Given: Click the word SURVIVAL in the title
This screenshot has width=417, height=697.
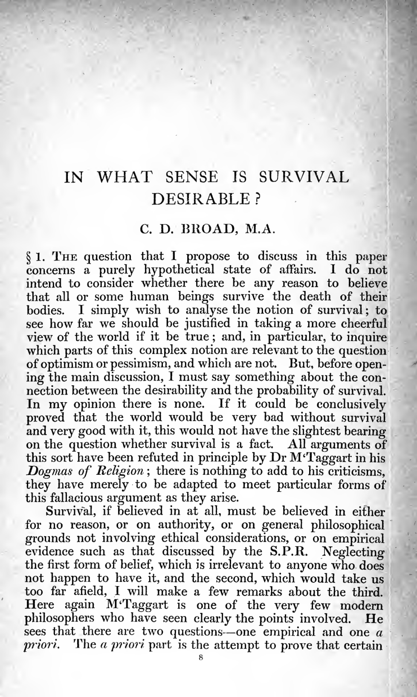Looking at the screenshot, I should pyautogui.click(x=304, y=177).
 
